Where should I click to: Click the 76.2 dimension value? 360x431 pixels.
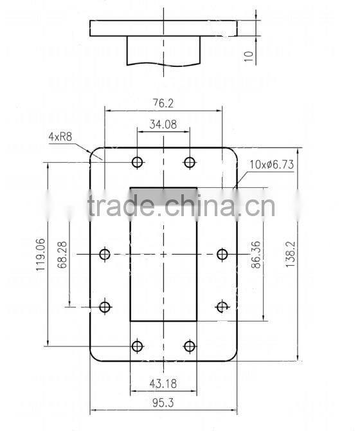tap(163, 103)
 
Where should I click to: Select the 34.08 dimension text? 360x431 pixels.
tap(163, 125)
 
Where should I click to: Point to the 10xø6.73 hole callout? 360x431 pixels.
tap(272, 164)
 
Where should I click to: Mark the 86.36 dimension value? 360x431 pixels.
tap(256, 255)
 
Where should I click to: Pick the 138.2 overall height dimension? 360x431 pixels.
tap(289, 255)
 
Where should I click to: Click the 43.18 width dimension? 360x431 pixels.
tap(163, 383)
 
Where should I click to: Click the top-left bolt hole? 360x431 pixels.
tap(137, 162)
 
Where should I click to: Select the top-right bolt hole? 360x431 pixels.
tap(189, 162)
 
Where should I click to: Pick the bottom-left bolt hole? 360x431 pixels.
tap(137, 347)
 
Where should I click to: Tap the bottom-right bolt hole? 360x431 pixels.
tap(189, 347)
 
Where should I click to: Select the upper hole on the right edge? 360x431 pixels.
tap(222, 255)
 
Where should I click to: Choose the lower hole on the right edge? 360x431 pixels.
tap(222, 307)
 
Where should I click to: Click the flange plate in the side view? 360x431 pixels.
tap(163, 28)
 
